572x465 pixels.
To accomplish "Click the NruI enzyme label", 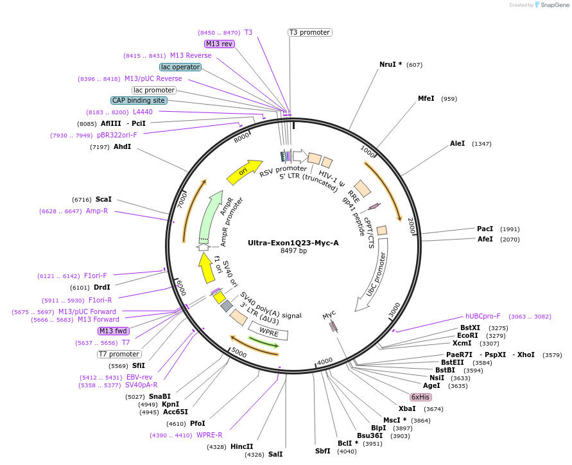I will [x=390, y=64].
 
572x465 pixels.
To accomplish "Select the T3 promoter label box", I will [x=309, y=32].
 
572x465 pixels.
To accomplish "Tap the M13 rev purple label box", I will [x=219, y=44].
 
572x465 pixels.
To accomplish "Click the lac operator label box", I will [x=180, y=67].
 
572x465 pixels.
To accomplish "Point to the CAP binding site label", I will [x=139, y=100].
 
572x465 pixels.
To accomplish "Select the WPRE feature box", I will [x=268, y=332].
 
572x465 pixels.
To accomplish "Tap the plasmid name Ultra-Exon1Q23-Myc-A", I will [x=293, y=243].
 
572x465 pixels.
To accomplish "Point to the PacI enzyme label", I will [x=485, y=229].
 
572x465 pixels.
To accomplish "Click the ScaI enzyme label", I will [x=103, y=199].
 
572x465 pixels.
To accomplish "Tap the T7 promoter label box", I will [x=119, y=354].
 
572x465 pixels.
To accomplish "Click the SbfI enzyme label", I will [x=322, y=451].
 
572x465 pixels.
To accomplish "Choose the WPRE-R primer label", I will [x=209, y=435].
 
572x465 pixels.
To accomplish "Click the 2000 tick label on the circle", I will [x=411, y=225].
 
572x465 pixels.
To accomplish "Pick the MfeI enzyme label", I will [x=426, y=98].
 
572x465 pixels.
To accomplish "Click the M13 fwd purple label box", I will [x=113, y=331].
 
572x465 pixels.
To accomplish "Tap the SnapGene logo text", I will [x=554, y=5].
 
